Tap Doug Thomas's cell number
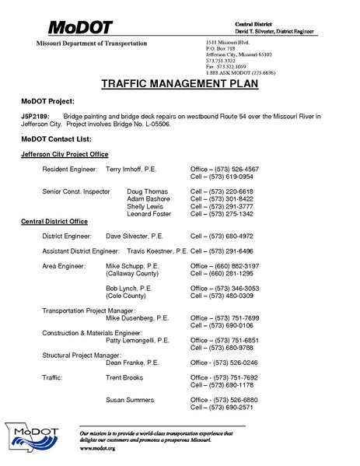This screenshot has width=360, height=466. [224, 191]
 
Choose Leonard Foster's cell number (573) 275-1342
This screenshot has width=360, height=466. [224, 214]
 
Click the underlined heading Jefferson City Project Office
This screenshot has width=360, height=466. [65, 154]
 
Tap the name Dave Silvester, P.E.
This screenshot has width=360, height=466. [134, 236]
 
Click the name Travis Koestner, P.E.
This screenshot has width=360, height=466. [156, 251]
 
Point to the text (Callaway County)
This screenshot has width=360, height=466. [132, 274]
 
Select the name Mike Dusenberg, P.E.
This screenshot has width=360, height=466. [137, 318]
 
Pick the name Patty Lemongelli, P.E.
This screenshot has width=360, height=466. [138, 340]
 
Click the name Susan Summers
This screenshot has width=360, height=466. [130, 399]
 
